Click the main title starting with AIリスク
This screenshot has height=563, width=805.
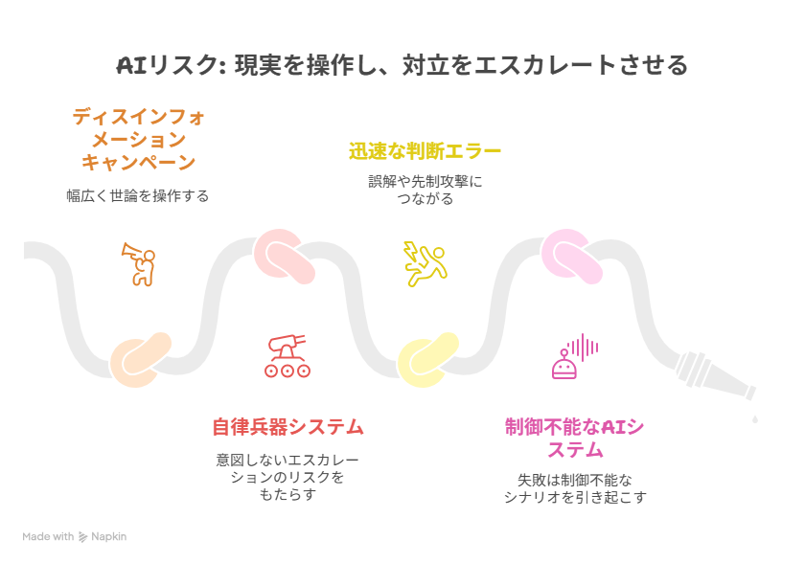[x=402, y=65]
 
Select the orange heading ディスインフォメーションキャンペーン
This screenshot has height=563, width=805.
[x=139, y=140]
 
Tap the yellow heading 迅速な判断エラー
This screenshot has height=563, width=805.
[x=425, y=151]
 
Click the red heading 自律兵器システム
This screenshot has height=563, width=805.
[x=288, y=427]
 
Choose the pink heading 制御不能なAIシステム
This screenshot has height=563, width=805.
[x=574, y=439]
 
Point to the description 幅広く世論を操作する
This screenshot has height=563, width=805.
[x=138, y=196]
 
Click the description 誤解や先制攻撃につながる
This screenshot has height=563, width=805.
[x=425, y=190]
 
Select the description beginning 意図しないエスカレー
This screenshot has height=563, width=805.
[x=287, y=477]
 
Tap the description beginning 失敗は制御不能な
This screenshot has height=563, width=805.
[x=575, y=488]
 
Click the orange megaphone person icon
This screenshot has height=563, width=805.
[x=139, y=264]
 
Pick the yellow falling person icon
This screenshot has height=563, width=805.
[x=425, y=263]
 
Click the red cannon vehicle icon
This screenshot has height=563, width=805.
[x=287, y=356]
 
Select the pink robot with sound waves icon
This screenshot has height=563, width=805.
[x=575, y=356]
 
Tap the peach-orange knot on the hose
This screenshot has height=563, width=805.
[x=140, y=359]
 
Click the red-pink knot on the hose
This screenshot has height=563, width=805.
[x=284, y=257]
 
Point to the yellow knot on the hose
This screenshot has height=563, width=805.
[x=427, y=359]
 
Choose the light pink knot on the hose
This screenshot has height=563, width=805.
[x=571, y=257]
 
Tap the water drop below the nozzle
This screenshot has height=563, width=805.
[x=755, y=419]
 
